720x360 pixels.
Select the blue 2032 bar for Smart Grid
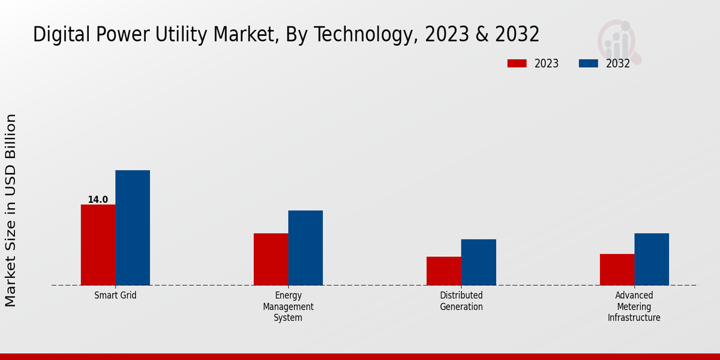[133, 228]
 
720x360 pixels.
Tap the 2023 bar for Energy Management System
[271, 259]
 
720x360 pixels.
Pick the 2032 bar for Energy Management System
[305, 248]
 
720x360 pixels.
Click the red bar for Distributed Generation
[444, 271]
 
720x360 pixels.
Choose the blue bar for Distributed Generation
[479, 262]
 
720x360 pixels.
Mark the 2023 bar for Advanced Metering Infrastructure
[617, 269]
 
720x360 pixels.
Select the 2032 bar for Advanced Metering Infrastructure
[652, 259]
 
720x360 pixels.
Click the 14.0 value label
[98, 200]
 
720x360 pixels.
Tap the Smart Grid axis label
[116, 296]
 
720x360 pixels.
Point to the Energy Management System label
[288, 307]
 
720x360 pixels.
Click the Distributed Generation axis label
[461, 301]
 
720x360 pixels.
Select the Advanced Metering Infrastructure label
[634, 307]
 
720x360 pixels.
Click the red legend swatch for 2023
[517, 64]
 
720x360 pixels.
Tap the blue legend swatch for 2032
[588, 64]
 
